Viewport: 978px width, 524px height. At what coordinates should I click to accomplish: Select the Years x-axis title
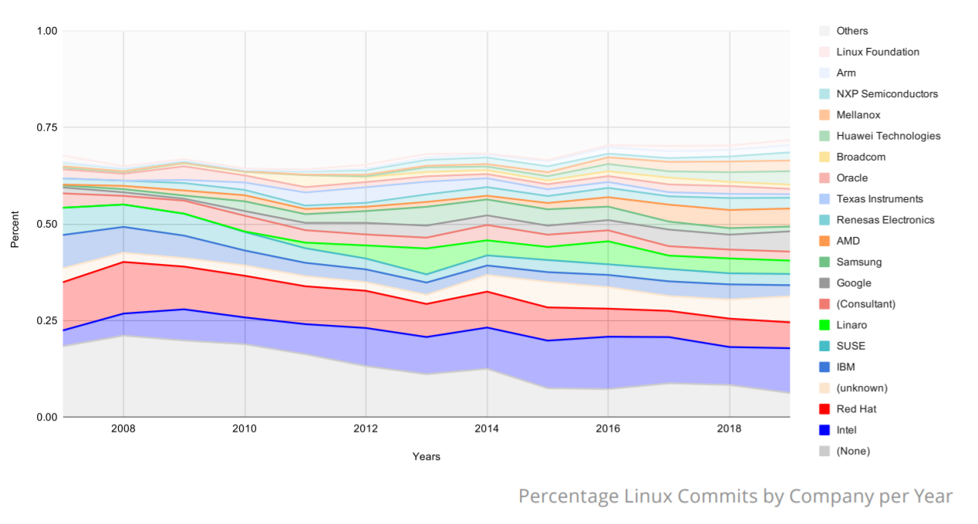tap(426, 456)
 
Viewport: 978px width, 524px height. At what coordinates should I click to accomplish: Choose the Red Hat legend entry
tap(856, 409)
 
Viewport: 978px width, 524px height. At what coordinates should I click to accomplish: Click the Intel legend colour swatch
tap(824, 430)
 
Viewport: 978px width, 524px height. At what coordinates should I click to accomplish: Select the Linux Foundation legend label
tap(878, 52)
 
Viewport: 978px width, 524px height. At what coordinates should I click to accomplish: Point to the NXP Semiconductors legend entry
tap(887, 94)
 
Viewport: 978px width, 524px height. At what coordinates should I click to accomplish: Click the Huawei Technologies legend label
tap(888, 136)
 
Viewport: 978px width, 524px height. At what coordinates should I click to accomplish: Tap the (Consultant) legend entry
tap(865, 304)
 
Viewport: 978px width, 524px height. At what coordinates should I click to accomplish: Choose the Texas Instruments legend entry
tap(879, 199)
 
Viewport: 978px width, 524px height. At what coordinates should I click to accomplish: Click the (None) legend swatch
tap(824, 451)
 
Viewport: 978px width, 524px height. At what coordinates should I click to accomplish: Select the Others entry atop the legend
tap(852, 31)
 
